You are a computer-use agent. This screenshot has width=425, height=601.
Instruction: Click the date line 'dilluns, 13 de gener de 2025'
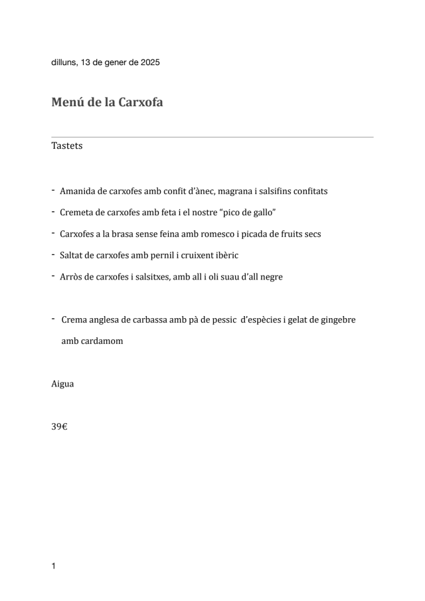pyautogui.click(x=106, y=62)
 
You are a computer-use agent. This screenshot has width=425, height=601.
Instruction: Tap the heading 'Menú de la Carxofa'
pyautogui.click(x=107, y=103)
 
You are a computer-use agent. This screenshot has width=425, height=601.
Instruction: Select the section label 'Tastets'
pyautogui.click(x=67, y=145)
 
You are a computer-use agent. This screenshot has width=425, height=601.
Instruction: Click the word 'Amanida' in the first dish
pyautogui.click(x=77, y=191)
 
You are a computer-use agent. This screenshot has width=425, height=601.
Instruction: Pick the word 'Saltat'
pyautogui.click(x=72, y=255)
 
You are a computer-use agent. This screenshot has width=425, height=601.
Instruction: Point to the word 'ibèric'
pyautogui.click(x=224, y=255)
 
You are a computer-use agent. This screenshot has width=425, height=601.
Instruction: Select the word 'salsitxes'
pyautogui.click(x=150, y=277)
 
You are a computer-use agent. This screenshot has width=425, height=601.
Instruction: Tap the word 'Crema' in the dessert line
pyautogui.click(x=74, y=320)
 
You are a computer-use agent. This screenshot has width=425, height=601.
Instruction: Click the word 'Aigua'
pyautogui.click(x=62, y=384)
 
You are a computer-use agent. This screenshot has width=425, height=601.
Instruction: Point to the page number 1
pyautogui.click(x=53, y=566)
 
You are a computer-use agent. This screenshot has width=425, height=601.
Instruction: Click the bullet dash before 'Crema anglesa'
pyautogui.click(x=52, y=319)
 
